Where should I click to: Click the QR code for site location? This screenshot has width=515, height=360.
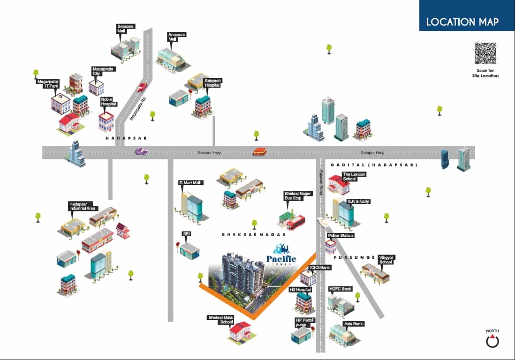pos(485,53)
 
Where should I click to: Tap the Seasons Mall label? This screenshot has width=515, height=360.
pos(126,29)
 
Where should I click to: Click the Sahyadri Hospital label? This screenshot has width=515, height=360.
pos(212,83)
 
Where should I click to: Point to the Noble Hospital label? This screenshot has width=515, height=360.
pos(108,101)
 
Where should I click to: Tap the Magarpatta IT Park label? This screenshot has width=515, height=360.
pos(47,83)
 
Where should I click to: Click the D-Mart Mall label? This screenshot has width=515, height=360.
pos(190,183)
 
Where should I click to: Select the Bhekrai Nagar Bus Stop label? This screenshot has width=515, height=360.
pos(293,195)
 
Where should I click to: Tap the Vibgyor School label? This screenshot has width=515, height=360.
pos(386,259)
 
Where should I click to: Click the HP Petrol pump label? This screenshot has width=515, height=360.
pos(304,322)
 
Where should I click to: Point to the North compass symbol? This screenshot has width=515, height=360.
pos(492,341)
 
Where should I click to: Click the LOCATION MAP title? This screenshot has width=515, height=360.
pos(462,22)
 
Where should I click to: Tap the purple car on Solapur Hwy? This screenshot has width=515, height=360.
pos(141,152)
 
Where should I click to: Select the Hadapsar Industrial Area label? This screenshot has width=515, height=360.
pos(83,207)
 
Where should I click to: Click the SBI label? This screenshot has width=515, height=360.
pos(187,233)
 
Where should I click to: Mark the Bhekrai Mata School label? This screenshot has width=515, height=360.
pos(220,320)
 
